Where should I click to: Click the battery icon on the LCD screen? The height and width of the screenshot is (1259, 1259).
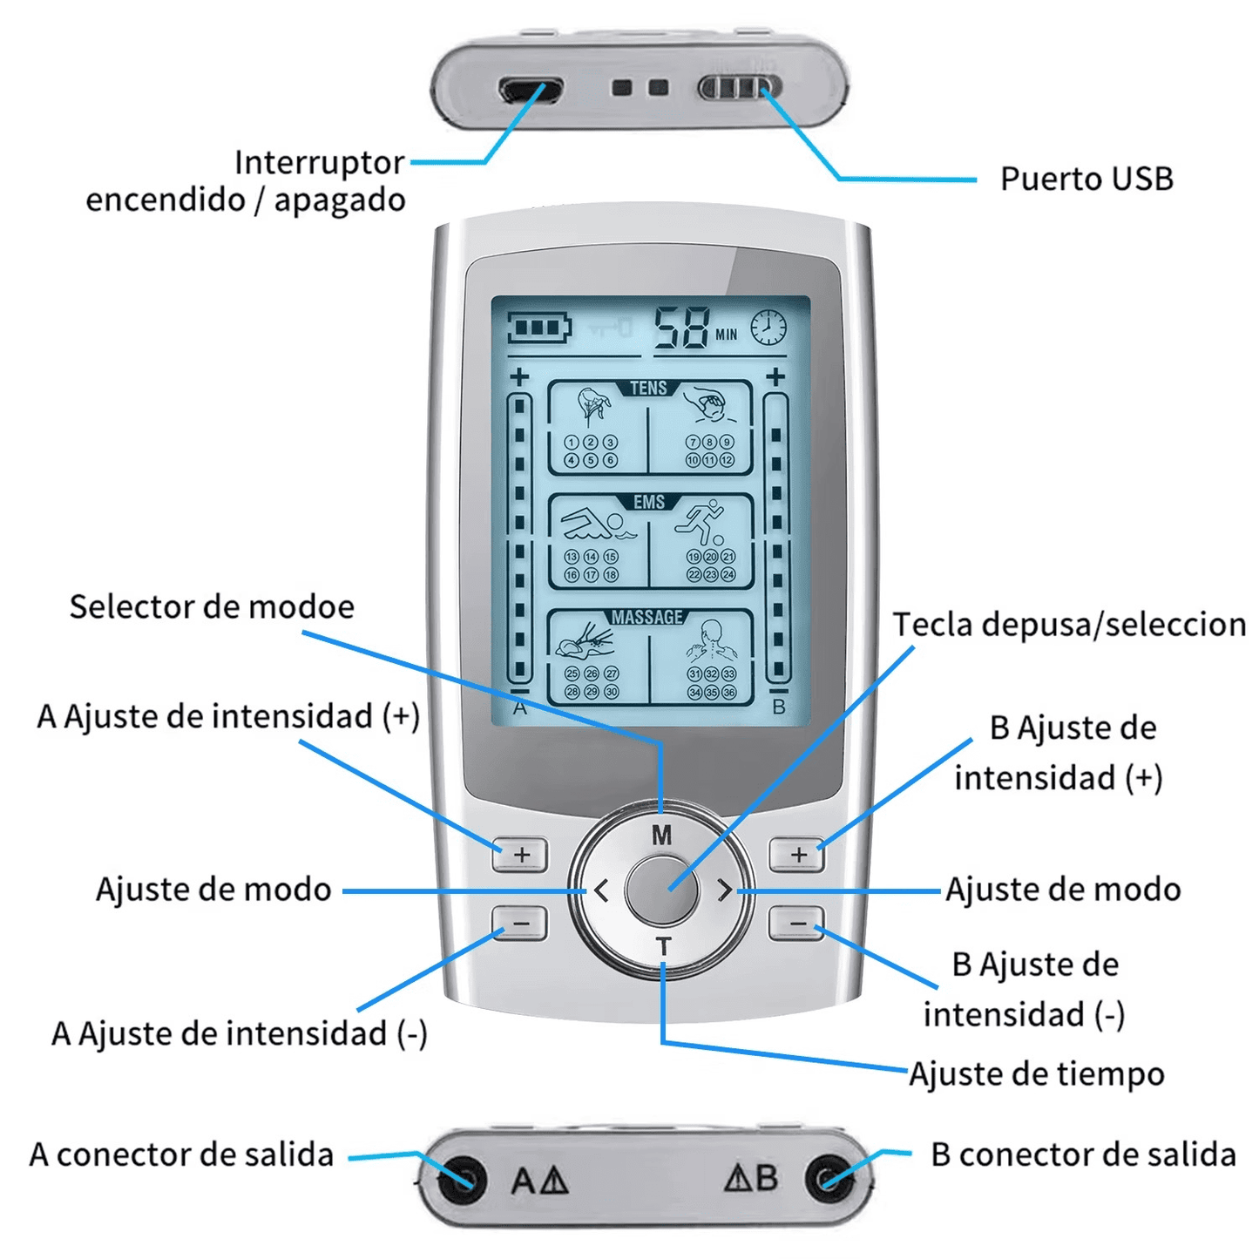pos(539,329)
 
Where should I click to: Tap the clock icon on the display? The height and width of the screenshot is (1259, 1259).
pos(768,328)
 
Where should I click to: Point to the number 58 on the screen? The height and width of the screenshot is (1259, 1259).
pos(683,328)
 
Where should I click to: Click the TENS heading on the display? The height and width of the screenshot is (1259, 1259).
pos(648,388)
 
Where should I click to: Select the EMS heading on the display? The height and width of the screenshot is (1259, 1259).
pos(649,502)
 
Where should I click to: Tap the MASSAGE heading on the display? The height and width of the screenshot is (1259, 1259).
pos(647,617)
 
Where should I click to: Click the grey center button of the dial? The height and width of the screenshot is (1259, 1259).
pos(662,890)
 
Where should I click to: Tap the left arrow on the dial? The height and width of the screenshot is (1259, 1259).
pos(601,890)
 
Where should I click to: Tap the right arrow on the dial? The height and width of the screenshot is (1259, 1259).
pos(724,890)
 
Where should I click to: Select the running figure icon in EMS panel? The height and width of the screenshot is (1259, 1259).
pos(702,521)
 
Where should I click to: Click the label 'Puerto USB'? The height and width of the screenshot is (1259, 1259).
pos(1086,179)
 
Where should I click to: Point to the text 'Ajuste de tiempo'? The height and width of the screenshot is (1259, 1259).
pos(1036,1073)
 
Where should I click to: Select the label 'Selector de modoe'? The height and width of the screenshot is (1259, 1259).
pos(212,606)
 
